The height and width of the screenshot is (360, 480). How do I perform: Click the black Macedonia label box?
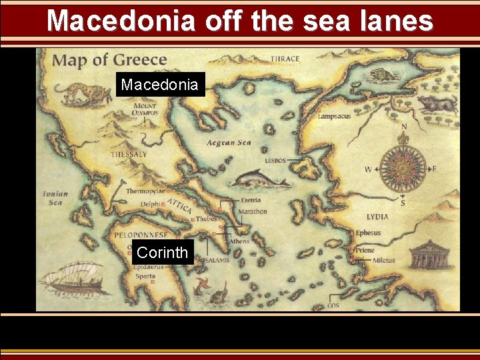pos(160,85)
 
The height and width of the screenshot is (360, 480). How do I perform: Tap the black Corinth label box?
pos(162,253)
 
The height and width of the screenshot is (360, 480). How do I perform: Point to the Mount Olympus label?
pos(145,109)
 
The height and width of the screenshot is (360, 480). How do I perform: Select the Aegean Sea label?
pos(228,143)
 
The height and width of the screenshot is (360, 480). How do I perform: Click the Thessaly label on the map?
pos(129,155)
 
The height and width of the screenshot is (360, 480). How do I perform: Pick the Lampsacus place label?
pos(335,116)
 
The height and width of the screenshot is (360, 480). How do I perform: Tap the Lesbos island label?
pos(275,161)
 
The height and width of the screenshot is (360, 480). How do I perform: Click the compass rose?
pos(403,168)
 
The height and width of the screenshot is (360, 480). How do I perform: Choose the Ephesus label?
pos(368,233)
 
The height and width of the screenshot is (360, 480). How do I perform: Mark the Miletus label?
pos(383,261)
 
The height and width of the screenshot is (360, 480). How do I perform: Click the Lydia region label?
pos(378,217)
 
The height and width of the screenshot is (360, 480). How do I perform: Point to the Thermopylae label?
pos(145,191)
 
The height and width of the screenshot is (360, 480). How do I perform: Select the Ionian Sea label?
pos(55,198)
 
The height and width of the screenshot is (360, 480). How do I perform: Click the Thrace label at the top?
pos(285,59)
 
